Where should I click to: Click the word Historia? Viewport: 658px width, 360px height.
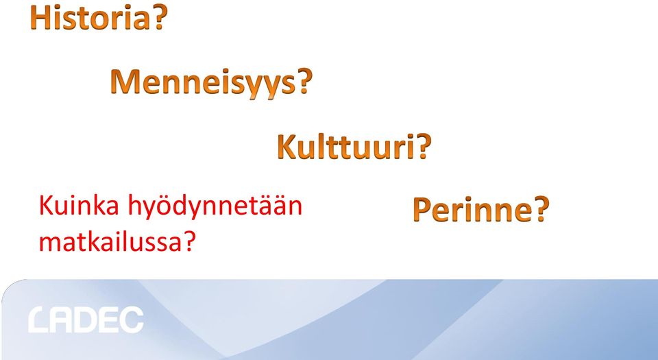coord(90,17)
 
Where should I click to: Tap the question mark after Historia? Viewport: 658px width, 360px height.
coord(160,17)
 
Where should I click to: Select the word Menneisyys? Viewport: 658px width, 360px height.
coord(203,82)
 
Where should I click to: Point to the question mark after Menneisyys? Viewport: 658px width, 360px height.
coord(304,80)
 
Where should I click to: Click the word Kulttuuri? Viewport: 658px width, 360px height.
coord(346,147)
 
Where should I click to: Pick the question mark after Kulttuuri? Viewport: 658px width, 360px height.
coord(424,147)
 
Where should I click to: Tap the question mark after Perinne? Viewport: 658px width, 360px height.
coord(541,209)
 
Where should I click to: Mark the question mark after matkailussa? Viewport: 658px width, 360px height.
coord(190,241)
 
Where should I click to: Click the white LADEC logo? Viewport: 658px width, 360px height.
coord(86,320)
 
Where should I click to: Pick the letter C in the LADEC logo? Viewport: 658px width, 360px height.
coord(132,320)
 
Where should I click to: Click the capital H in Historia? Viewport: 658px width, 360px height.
coord(38,18)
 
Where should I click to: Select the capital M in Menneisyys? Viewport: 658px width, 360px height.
coord(125,82)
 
